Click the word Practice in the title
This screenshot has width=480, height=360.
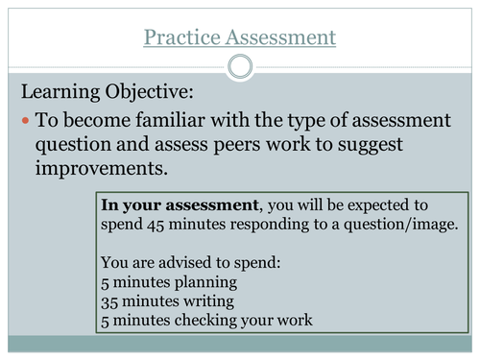[180, 38]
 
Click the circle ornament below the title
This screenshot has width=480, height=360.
[240, 65]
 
